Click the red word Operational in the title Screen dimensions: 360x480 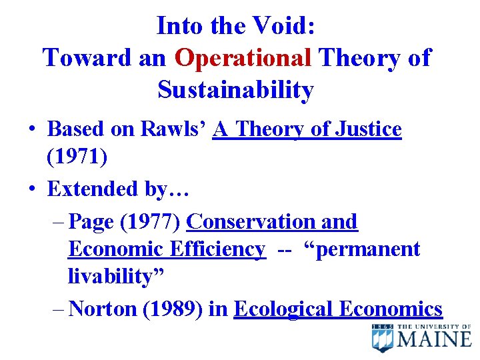243,58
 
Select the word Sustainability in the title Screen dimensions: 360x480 235,89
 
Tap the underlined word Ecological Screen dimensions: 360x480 284,309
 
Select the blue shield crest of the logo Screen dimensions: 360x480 383,338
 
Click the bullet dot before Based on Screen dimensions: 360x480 32,129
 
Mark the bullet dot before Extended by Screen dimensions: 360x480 32,189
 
